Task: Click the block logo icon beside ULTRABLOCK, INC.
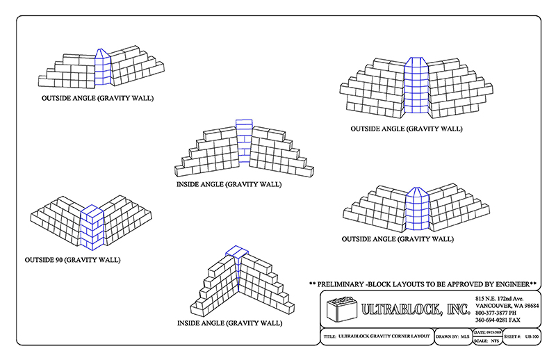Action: pyautogui.click(x=340, y=307)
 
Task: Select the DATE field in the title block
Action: pyautogui.click(x=487, y=333)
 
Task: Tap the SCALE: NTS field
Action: pyautogui.click(x=486, y=341)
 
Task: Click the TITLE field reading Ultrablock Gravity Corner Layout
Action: pyautogui.click(x=375, y=336)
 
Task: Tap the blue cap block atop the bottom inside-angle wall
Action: pyautogui.click(x=236, y=251)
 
